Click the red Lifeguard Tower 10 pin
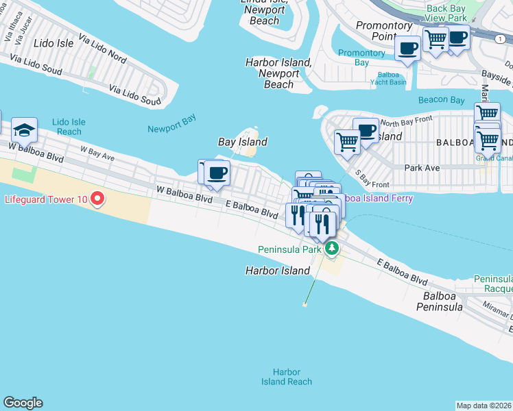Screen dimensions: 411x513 click(97, 199)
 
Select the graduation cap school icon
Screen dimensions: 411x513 click(24, 130)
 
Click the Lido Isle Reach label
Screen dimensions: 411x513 click(69, 127)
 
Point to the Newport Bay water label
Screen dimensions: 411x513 click(171, 124)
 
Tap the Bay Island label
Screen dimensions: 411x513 click(242, 142)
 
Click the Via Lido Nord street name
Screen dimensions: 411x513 click(102, 49)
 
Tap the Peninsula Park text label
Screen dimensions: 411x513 click(289, 249)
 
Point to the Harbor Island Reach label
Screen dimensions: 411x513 click(287, 377)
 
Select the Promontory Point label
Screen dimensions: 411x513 click(384, 31)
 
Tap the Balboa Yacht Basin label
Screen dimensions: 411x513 click(392, 78)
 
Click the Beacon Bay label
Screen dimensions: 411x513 click(442, 100)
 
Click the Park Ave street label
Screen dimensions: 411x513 click(422, 167)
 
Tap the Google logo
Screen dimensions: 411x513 click(23, 403)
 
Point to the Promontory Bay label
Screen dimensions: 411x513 click(361, 58)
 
